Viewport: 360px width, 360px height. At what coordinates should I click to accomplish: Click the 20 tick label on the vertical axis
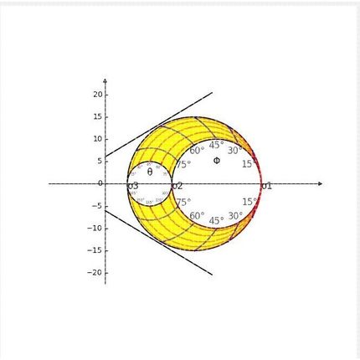98,94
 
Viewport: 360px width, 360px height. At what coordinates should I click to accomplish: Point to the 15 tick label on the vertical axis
98,116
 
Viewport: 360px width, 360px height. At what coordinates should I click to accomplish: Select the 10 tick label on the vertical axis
98,138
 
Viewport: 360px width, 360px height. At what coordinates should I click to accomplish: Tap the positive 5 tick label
100,161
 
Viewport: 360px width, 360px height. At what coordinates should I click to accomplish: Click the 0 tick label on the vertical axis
100,183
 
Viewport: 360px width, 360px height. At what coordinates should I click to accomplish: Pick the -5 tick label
98,205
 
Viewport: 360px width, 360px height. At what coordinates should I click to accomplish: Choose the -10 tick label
96,228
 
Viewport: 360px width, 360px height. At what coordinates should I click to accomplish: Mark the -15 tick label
96,250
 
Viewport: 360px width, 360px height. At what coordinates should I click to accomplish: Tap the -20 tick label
96,272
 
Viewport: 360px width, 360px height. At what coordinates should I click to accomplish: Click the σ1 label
267,186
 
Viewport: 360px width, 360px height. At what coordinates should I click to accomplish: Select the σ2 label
177,186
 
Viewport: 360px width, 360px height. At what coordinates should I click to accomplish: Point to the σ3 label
133,186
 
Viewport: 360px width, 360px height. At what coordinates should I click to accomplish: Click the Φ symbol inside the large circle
216,160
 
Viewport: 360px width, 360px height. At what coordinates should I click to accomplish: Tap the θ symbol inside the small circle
150,172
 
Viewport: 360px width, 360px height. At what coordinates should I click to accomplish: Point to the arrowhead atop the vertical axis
105,82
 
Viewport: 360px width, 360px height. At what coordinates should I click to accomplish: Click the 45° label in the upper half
216,145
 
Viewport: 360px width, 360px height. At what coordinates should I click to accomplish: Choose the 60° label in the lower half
197,216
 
